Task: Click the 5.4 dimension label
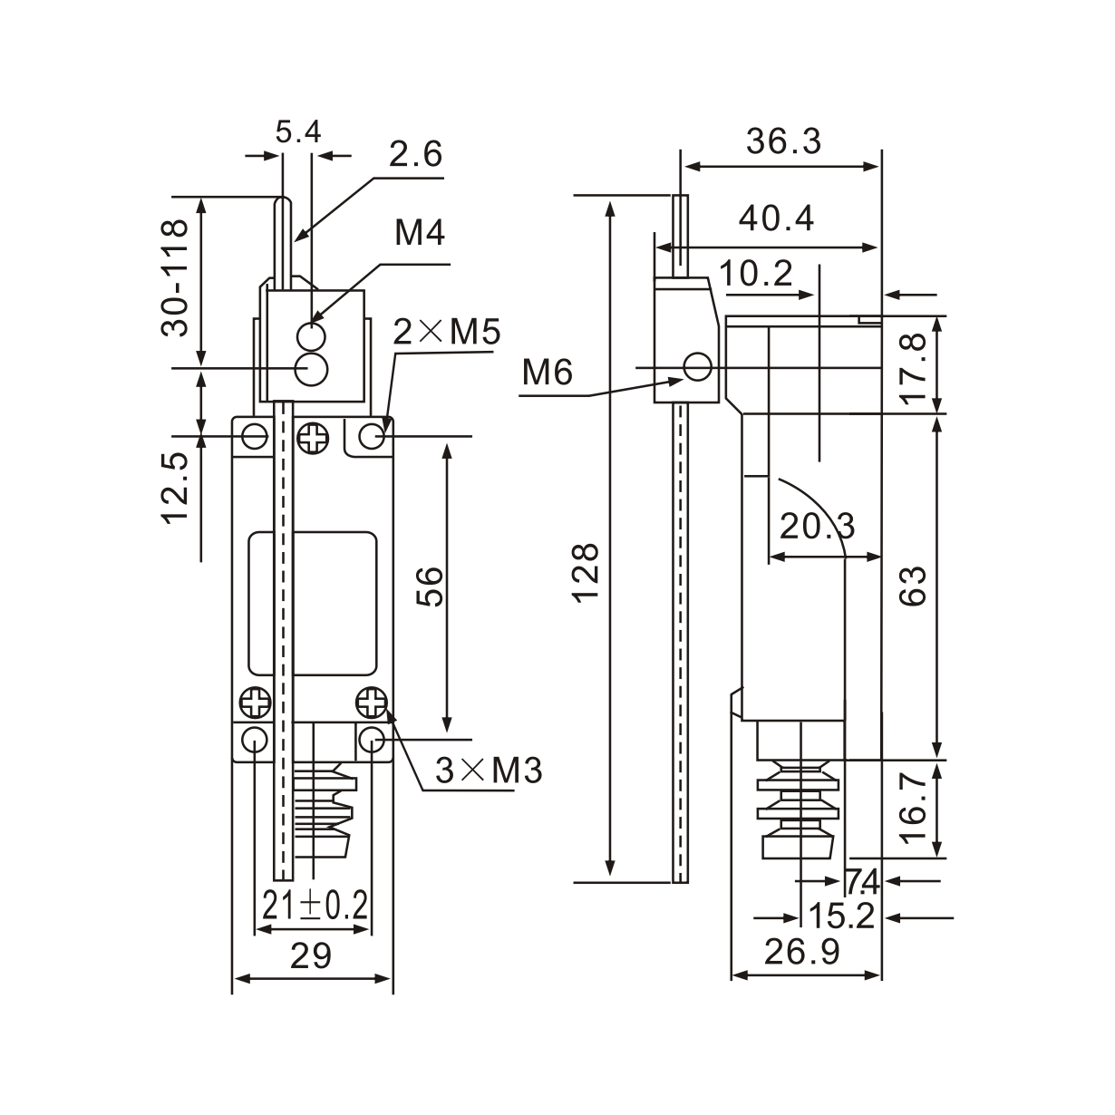pyautogui.click(x=298, y=133)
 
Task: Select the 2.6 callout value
pyautogui.click(x=415, y=155)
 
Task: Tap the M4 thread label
pyautogui.click(x=420, y=234)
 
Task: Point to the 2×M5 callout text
pyautogui.click(x=447, y=333)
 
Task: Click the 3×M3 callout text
pyautogui.click(x=489, y=771)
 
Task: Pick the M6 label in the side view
pyautogui.click(x=548, y=372)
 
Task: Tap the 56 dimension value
pyautogui.click(x=429, y=587)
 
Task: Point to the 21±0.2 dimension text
pyautogui.click(x=315, y=905)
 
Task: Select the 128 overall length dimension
pyautogui.click(x=587, y=571)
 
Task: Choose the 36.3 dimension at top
pyautogui.click(x=783, y=141)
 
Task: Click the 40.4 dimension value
pyautogui.click(x=776, y=218)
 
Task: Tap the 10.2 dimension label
pyautogui.click(x=757, y=274)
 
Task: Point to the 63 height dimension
pyautogui.click(x=914, y=587)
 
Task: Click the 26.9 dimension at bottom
pyautogui.click(x=801, y=952)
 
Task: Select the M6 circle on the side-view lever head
pyautogui.click(x=697, y=367)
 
